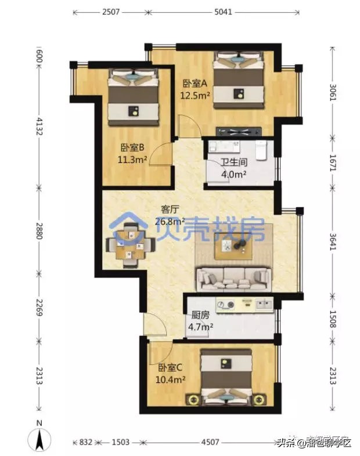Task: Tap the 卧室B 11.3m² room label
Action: tap(133, 153)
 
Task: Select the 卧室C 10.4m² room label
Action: tap(171, 374)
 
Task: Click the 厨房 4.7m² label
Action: tap(200, 322)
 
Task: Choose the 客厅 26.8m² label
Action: tap(170, 215)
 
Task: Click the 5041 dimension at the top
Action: tap(223, 11)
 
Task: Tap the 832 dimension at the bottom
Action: tap(86, 442)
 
